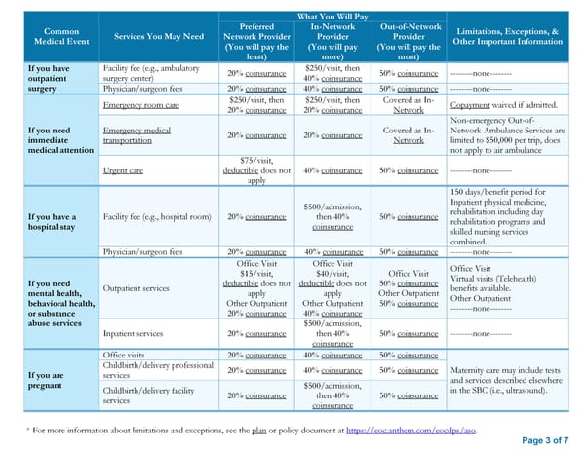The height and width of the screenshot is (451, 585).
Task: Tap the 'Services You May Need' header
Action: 159,37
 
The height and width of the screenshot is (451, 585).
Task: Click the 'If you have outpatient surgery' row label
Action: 49,77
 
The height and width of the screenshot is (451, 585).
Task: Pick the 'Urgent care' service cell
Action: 123,170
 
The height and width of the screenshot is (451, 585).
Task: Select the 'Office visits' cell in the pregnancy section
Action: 126,356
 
